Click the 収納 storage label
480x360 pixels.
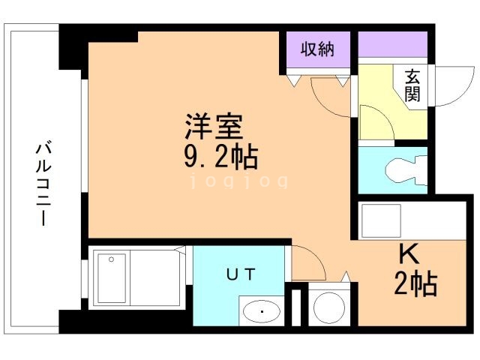[x=317, y=50]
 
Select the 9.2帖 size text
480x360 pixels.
[x=221, y=157]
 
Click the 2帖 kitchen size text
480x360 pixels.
[x=415, y=284]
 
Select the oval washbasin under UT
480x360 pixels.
[x=262, y=308]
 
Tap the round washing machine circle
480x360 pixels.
[x=328, y=306]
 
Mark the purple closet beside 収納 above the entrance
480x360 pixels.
[x=392, y=48]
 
